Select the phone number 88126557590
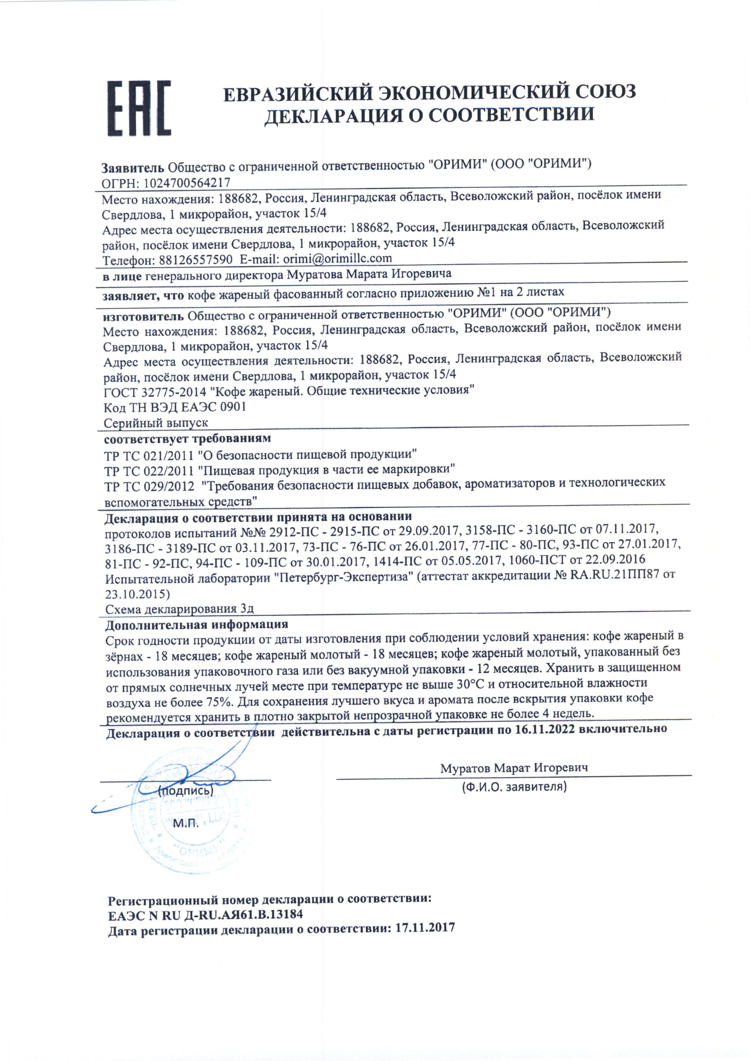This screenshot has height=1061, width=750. [195, 260]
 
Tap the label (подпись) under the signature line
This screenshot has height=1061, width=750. [185, 791]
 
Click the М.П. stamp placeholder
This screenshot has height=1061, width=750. [186, 823]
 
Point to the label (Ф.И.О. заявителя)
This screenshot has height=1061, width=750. [514, 786]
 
